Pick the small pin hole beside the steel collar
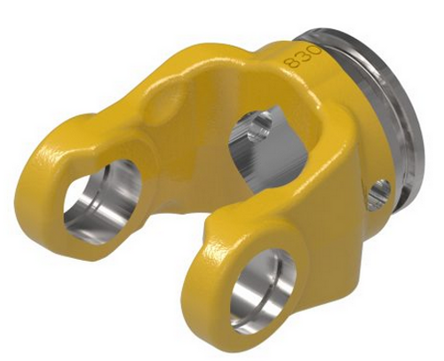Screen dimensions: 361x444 coord(379,188)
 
